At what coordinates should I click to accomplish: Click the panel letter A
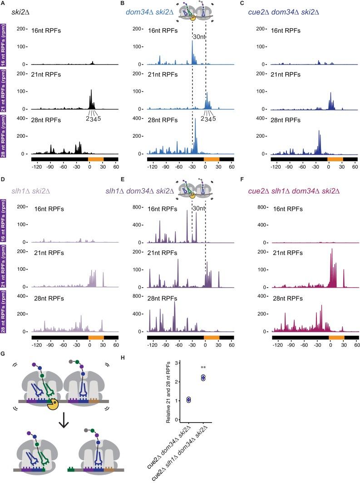3,4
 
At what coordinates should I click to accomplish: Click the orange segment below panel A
96,159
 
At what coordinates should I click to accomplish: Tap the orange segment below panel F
336,338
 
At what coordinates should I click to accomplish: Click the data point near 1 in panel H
188,400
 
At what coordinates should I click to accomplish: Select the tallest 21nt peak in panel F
332,250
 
